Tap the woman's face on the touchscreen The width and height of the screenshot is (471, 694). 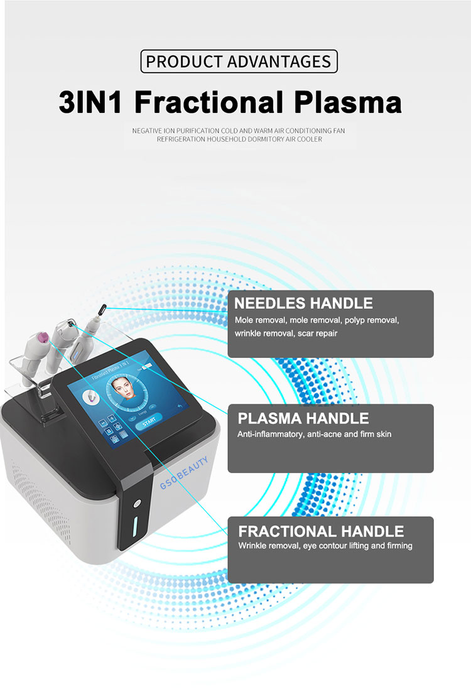coord(123,390)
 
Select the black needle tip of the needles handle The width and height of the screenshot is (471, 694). coord(101,308)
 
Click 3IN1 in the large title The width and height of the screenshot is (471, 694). coord(92,102)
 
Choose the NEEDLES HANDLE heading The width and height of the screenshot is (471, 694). coord(303,304)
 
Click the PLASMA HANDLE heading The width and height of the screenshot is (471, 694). coord(303,418)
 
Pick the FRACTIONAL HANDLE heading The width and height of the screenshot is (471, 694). coord(320,531)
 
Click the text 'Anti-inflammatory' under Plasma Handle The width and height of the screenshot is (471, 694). coord(269,435)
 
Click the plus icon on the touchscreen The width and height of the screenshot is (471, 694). coord(111,418)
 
